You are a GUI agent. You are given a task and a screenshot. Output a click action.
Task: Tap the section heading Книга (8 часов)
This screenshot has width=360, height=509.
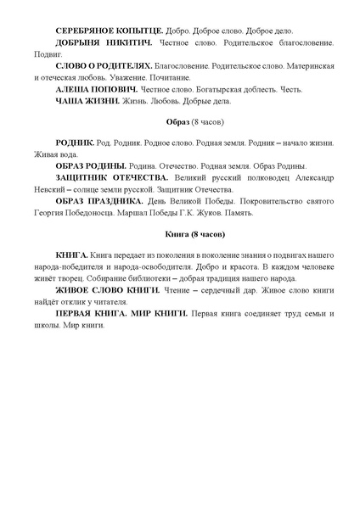click(x=180, y=232)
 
